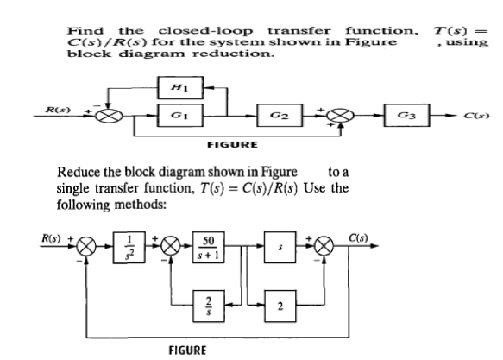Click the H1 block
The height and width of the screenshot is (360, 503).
180,87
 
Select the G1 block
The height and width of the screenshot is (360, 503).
180,115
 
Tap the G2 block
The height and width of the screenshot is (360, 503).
280,115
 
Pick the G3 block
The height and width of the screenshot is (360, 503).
406,115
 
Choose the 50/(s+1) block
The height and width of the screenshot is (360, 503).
209,247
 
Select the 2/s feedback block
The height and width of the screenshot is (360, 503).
209,306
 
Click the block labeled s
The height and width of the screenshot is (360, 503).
280,247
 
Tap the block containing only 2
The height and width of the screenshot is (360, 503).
280,306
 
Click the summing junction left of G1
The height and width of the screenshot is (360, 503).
109,116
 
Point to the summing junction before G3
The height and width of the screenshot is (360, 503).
340,116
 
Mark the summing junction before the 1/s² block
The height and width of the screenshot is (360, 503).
86,246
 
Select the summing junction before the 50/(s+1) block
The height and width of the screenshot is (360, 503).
172,246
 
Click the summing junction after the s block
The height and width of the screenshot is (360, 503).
324,246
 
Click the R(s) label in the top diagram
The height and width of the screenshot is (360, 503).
58,110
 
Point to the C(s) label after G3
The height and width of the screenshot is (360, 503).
476,116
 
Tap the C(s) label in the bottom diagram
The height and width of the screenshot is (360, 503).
358,238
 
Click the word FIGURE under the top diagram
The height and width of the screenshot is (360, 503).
232,145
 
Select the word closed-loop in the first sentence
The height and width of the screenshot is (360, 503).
205,31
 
